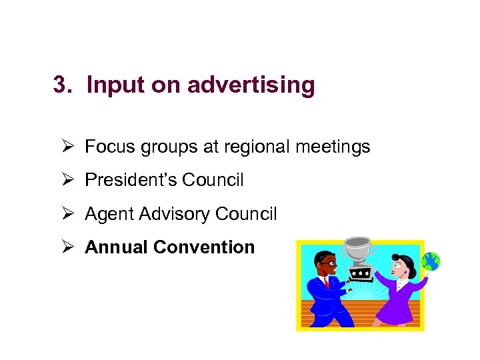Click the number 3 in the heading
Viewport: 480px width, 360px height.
coord(61,85)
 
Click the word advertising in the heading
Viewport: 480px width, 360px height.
coord(251,86)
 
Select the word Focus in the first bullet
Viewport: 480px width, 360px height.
coord(110,147)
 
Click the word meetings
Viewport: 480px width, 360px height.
coord(336,147)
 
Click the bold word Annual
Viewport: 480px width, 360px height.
coord(116,247)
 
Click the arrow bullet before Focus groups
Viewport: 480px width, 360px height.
coord(67,147)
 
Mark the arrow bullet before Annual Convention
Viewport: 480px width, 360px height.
coord(67,247)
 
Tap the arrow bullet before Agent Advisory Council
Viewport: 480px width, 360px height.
coord(67,214)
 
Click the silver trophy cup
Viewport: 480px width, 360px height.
coord(359,251)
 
